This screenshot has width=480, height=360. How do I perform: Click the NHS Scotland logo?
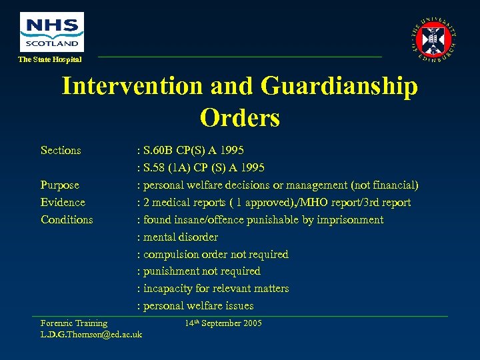(x=52, y=31)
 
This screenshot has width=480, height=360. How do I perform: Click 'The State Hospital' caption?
(x=50, y=60)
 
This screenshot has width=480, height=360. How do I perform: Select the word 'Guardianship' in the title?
(x=340, y=86)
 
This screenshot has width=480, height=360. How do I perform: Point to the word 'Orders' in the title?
(x=239, y=117)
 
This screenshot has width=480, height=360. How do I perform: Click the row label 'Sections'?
(x=61, y=151)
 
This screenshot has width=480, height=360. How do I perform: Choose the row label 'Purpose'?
(x=60, y=185)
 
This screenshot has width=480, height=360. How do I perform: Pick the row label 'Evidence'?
(x=63, y=203)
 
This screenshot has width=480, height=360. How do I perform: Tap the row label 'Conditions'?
(x=67, y=220)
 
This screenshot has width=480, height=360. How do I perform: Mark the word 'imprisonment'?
(x=351, y=220)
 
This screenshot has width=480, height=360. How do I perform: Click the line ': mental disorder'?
(x=177, y=237)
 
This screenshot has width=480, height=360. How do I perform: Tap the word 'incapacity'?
(x=167, y=289)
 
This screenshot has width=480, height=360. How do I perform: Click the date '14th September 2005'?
(x=223, y=323)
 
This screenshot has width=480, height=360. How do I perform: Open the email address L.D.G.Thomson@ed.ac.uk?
(x=91, y=334)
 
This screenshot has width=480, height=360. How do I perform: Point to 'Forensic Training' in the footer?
(x=74, y=323)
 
